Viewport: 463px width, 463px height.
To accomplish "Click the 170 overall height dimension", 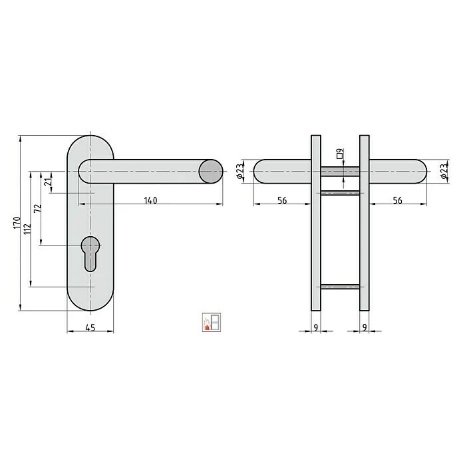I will [17, 223].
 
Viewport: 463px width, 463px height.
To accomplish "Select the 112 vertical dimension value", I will [27, 230].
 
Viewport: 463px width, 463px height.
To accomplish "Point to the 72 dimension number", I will [38, 208].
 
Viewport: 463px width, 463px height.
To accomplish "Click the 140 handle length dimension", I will [150, 200].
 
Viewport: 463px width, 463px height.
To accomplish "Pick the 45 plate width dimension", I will [90, 327].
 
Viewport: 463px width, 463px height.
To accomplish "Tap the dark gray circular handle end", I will [212, 172].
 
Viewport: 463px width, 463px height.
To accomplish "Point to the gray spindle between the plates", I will [340, 172].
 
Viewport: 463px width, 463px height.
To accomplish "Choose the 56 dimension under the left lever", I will [282, 200].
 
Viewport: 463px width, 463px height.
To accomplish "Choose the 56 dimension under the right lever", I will [397, 200].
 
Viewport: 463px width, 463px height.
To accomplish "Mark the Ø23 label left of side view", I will [239, 172].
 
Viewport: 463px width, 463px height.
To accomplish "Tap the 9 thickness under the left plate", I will [315, 327].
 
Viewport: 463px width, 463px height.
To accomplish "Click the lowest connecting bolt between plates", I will [340, 287].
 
